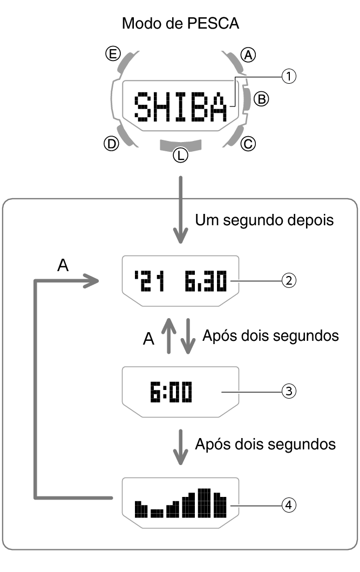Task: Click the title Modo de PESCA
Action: point(180,23)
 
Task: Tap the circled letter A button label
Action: point(248,55)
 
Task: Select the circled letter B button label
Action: point(261,98)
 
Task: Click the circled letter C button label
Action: point(249,144)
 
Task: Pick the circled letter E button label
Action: point(112,54)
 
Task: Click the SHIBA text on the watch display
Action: point(180,106)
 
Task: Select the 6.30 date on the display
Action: point(205,281)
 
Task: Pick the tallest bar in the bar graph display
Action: point(204,502)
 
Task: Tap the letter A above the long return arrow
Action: point(63,265)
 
